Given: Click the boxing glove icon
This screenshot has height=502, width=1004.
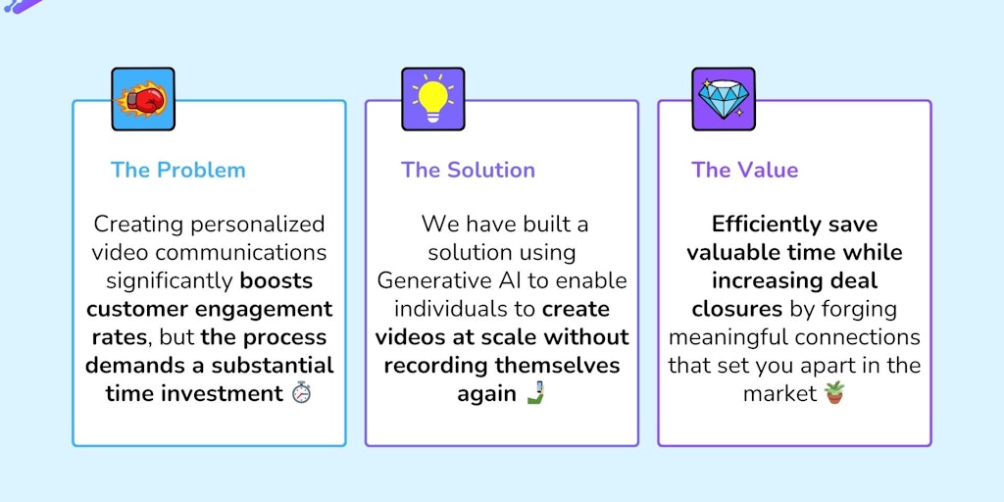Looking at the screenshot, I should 143,99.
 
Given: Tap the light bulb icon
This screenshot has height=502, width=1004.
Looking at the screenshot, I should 432,99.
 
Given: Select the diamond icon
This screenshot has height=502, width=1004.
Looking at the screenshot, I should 724,99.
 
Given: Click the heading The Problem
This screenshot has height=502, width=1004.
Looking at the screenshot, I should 178,170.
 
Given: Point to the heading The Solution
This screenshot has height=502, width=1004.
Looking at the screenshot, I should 468,170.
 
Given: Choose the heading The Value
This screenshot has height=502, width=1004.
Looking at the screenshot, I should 744,170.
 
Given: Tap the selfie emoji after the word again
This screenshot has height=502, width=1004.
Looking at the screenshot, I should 534,394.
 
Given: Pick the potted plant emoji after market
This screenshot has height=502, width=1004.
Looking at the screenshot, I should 833,394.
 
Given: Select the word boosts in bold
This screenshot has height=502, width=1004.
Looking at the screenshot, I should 276,281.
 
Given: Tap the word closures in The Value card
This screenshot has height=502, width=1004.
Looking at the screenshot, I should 736,310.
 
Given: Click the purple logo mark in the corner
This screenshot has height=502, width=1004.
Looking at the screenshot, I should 22,6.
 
